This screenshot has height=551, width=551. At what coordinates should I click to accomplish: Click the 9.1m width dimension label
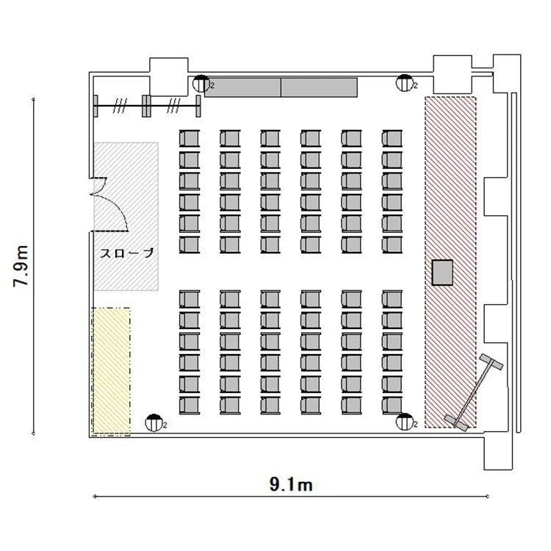click(x=291, y=485)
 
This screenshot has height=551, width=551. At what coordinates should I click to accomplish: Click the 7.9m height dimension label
click(x=21, y=266)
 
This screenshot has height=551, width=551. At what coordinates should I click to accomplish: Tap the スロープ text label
click(x=127, y=253)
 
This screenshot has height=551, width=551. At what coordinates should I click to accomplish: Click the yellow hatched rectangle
click(x=111, y=372)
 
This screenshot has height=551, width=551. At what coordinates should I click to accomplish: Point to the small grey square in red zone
click(x=442, y=273)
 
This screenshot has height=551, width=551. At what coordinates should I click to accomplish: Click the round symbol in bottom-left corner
click(x=154, y=422)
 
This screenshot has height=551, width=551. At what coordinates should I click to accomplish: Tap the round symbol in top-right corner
click(x=405, y=83)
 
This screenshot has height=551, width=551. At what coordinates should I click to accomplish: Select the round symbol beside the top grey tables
click(x=201, y=84)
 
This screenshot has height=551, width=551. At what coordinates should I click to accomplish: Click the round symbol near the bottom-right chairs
click(x=405, y=422)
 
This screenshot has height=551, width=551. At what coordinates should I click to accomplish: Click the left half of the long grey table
click(x=243, y=87)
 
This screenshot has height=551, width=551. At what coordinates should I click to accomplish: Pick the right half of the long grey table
click(x=319, y=87)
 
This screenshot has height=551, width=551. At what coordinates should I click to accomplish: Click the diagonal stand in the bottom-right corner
click(x=474, y=392)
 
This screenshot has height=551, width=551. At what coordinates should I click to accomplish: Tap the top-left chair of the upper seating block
click(x=190, y=138)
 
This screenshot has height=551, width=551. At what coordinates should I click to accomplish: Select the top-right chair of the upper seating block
click(x=392, y=138)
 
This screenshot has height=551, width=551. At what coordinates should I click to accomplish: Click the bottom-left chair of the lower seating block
click(x=190, y=406)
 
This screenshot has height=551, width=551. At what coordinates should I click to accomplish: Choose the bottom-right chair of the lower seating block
click(x=392, y=406)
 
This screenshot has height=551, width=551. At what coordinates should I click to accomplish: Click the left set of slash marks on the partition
click(x=120, y=106)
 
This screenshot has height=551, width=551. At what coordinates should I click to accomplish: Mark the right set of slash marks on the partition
click(x=173, y=106)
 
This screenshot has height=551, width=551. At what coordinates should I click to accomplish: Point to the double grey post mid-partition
click(x=146, y=106)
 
